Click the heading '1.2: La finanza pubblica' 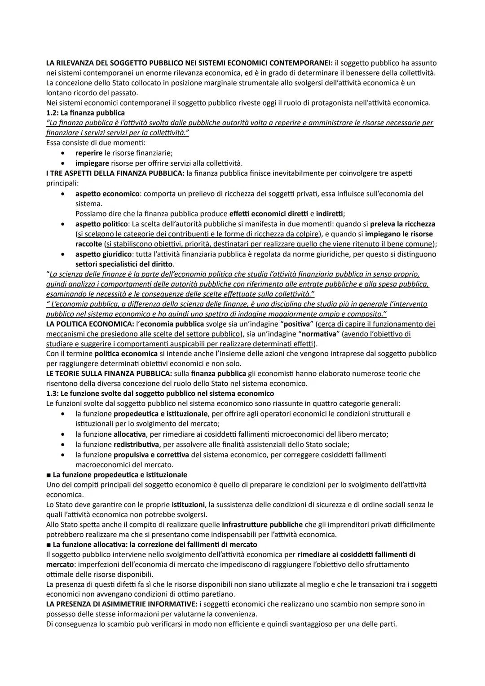[x=85, y=113]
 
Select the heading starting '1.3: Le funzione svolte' [x=160, y=394]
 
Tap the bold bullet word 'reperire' [x=89, y=153]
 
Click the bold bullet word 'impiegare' [x=92, y=163]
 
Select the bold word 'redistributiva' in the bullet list [x=136, y=444]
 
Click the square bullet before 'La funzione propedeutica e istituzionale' [x=48, y=475]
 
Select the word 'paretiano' [x=218, y=594]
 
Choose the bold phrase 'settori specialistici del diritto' [x=124, y=264]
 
